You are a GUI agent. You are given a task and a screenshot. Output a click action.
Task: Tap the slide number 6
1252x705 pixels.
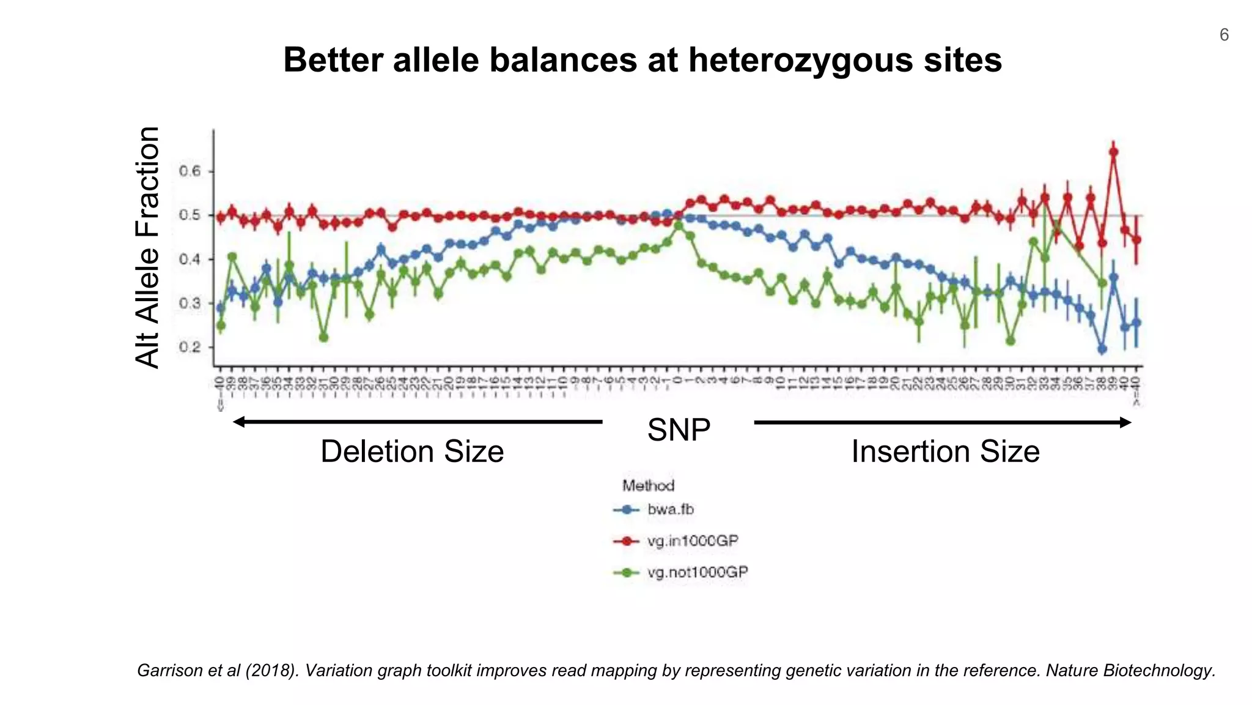coord(1224,35)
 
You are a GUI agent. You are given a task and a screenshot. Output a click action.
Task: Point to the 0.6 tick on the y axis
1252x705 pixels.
coord(190,171)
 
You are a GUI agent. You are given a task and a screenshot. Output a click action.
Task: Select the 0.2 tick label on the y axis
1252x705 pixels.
coord(190,347)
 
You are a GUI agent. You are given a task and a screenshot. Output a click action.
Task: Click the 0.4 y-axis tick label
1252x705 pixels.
coord(190,259)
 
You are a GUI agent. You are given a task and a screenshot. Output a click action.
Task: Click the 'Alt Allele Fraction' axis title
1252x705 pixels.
coord(147,247)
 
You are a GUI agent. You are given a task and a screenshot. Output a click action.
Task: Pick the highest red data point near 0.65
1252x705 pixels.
coord(1113,152)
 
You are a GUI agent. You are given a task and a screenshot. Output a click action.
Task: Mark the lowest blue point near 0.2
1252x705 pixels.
coord(1102,349)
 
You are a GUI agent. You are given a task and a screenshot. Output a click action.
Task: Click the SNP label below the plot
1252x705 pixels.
coord(679,430)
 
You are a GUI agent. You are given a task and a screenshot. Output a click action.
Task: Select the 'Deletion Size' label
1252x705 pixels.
coord(412,452)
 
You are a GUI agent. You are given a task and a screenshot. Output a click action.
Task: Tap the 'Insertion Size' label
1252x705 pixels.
coord(945,452)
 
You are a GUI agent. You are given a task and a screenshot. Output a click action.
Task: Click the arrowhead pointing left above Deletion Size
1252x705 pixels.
coord(239,422)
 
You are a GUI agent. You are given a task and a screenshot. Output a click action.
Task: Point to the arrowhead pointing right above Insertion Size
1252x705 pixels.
coord(1125,422)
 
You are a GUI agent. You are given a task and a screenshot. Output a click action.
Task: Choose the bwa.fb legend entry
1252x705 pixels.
coord(670,509)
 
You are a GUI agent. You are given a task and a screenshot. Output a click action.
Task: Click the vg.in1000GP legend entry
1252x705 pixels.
coord(692,541)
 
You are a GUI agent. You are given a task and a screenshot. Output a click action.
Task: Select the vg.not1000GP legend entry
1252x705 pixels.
coord(697,572)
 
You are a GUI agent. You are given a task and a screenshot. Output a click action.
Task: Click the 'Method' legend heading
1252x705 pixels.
coord(648,485)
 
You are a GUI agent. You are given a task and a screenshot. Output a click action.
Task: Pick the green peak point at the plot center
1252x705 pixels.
coord(678,225)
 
